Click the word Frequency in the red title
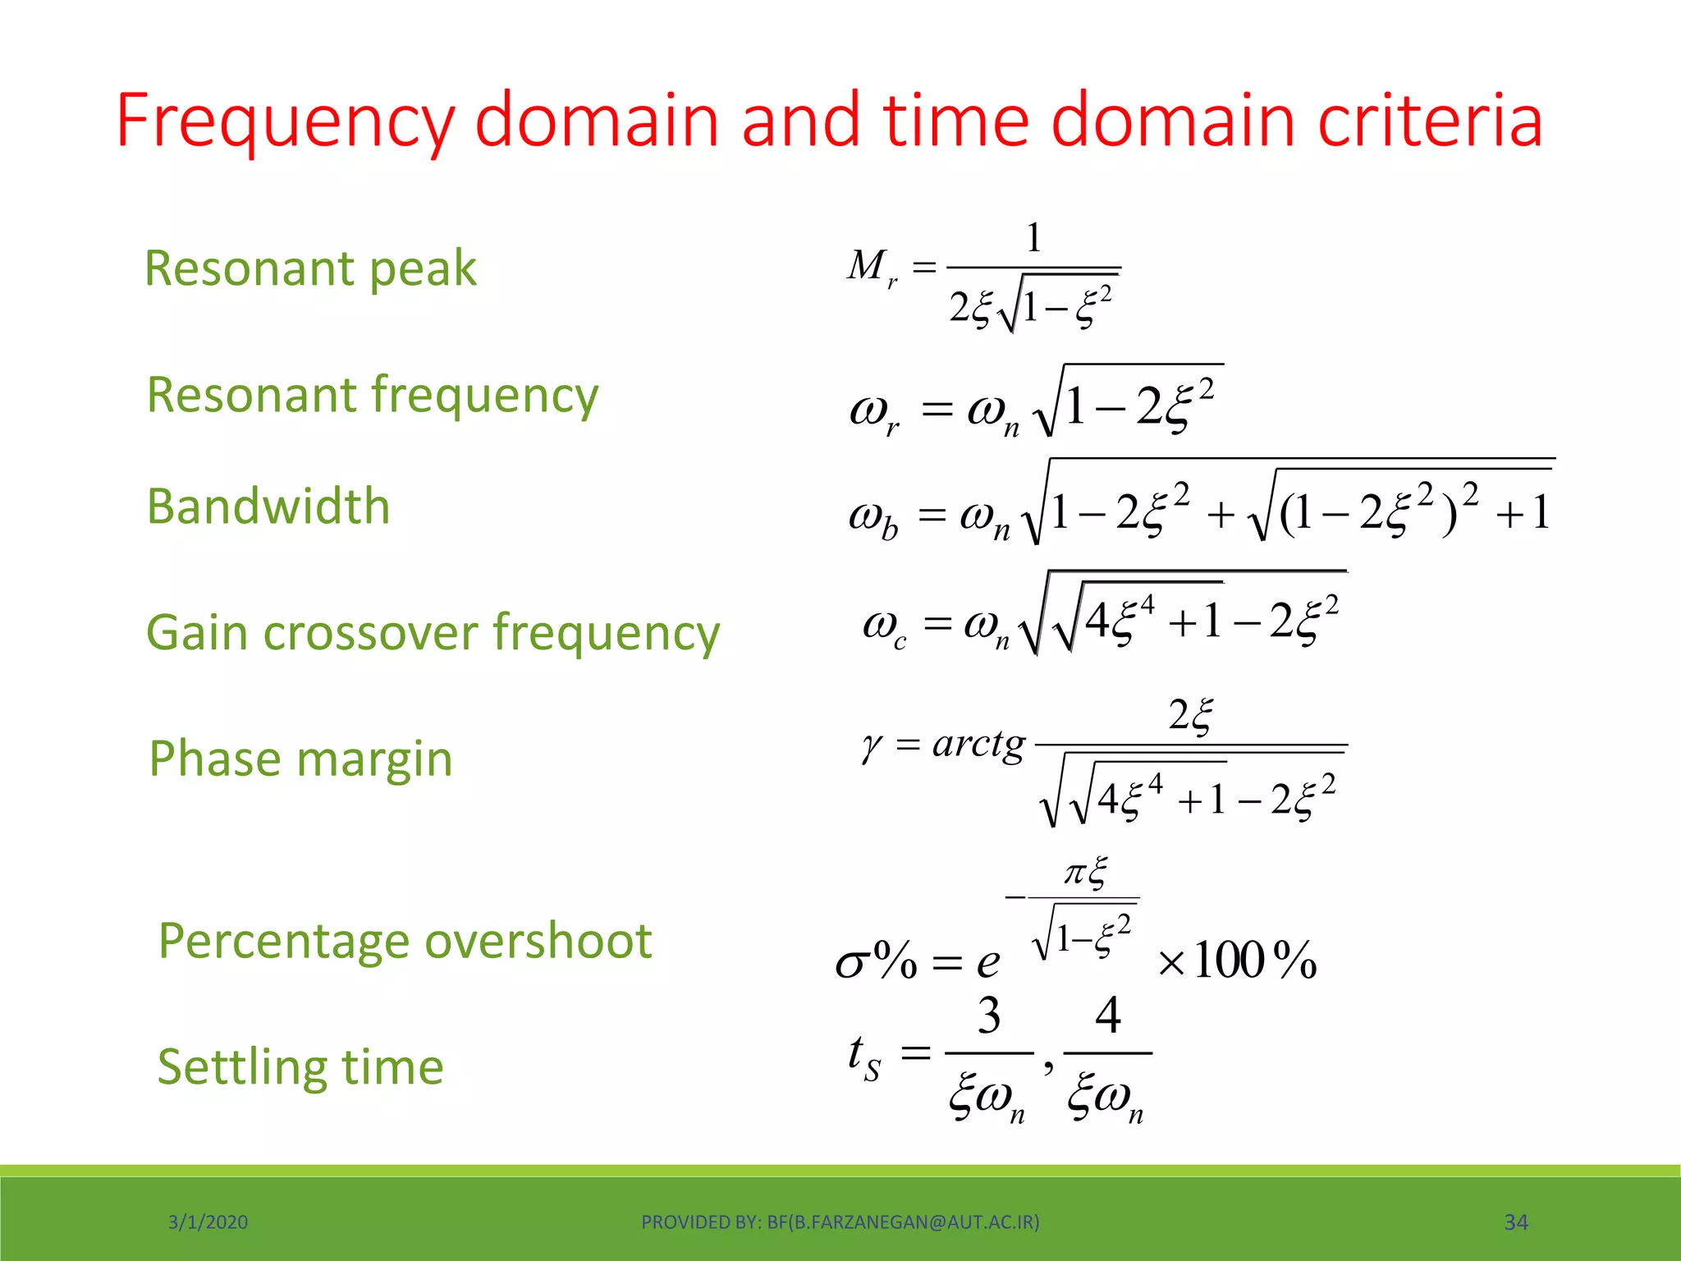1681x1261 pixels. coord(284,121)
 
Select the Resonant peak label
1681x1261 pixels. coord(310,268)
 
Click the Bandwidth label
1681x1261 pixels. coord(268,506)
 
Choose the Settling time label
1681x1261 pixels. coord(300,1066)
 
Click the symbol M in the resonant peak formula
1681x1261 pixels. coord(867,265)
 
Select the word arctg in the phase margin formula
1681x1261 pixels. coord(978,745)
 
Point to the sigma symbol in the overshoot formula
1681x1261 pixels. coord(851,962)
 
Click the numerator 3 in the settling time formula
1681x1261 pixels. coord(989,1016)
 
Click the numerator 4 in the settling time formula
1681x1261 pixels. coord(1108,1016)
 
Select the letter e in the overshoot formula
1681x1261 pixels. coord(988,962)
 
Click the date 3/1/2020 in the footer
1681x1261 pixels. coord(208,1222)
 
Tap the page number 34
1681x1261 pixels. coord(1515,1222)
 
